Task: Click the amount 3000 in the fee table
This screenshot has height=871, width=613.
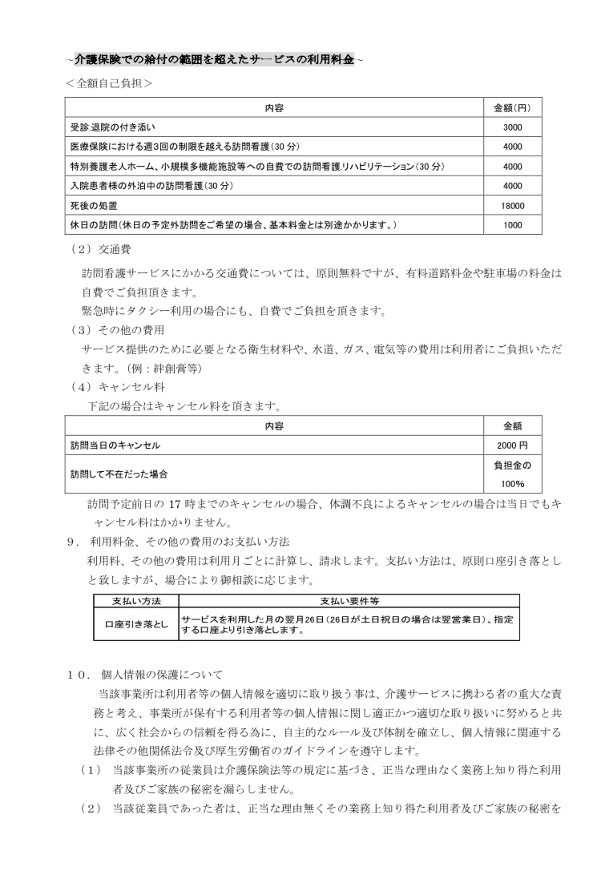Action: coord(512,127)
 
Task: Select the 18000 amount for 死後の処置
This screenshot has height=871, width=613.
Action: coord(512,206)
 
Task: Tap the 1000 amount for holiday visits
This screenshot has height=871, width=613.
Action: coord(512,225)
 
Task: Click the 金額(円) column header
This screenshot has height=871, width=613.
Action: coord(512,107)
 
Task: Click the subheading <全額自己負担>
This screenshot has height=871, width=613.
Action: coord(110,83)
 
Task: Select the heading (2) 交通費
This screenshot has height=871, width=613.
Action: coord(95,249)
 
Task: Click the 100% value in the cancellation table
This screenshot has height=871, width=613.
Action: coord(512,484)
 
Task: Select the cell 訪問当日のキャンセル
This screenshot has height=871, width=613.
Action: coord(119,446)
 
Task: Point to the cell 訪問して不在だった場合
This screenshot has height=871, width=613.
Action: coord(119,474)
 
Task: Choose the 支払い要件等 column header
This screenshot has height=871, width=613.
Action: coord(349,600)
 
